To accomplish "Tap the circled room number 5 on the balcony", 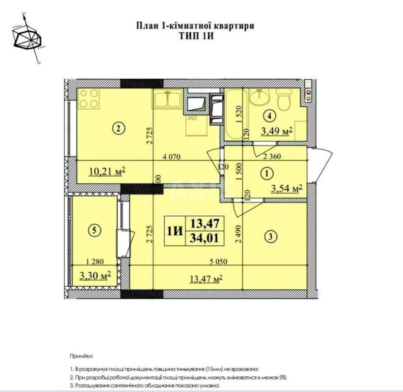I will point(94,230).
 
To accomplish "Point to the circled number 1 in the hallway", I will point(267,174).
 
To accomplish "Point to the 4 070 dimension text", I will point(172,156).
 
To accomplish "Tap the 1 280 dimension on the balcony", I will point(95,261).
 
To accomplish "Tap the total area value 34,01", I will point(205,238).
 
